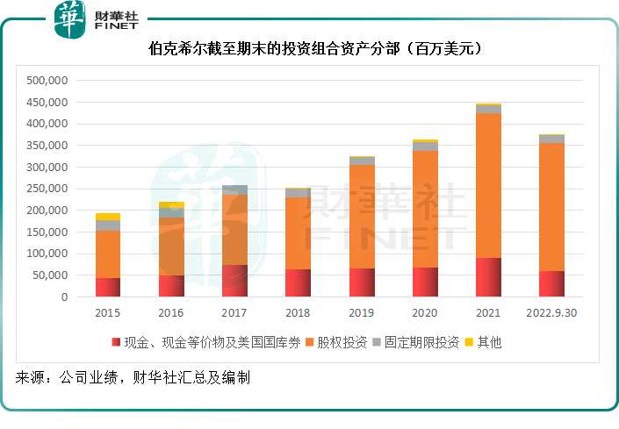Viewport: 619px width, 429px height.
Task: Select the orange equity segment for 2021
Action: point(488,185)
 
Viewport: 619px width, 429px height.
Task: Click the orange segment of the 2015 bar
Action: point(108,254)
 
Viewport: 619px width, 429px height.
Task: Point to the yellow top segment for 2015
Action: point(108,217)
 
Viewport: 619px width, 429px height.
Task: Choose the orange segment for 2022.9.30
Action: point(551,207)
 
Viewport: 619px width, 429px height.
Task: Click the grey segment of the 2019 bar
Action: point(362,161)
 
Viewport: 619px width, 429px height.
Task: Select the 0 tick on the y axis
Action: point(63,297)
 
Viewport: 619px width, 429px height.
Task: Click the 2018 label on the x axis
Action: point(298,313)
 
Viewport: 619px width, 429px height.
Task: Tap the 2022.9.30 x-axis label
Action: point(551,313)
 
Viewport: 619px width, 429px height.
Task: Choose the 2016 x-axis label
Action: point(171,313)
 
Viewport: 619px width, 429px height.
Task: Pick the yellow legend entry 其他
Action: point(487,342)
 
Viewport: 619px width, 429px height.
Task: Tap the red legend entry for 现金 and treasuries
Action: point(203,342)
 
